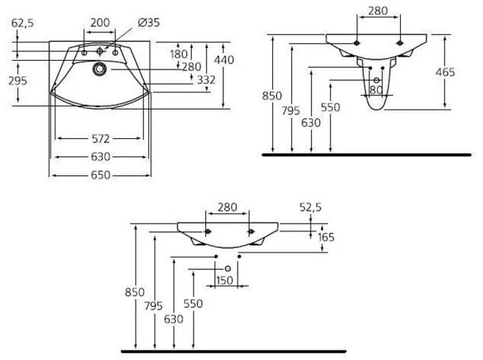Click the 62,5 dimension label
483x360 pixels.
pyautogui.click(x=22, y=23)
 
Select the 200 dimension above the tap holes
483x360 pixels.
pyautogui.click(x=100, y=22)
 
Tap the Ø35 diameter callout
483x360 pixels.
pyautogui.click(x=149, y=22)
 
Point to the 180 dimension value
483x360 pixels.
pyautogui.click(x=178, y=54)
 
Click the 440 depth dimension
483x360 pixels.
pyautogui.click(x=224, y=60)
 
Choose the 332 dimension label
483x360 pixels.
pyautogui.click(x=206, y=80)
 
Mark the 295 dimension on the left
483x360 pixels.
pyautogui.click(x=17, y=81)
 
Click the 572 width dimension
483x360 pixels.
pyautogui.click(x=100, y=139)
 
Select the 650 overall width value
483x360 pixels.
pyautogui.click(x=100, y=175)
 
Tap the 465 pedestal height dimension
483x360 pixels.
pyautogui.click(x=445, y=72)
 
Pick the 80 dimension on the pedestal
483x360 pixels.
pyautogui.click(x=376, y=90)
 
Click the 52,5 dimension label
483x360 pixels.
pyautogui.click(x=310, y=207)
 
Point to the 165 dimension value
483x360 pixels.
pyautogui.click(x=326, y=237)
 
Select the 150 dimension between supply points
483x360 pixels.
pyautogui.click(x=224, y=280)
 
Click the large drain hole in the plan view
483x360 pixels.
pyautogui.click(x=99, y=69)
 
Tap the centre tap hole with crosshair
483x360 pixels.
pyautogui.click(x=99, y=51)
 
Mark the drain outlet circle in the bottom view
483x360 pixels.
pyautogui.click(x=227, y=268)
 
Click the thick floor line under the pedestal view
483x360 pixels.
pyautogui.click(x=366, y=155)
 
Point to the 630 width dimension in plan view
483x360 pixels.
pyautogui.click(x=100, y=157)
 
